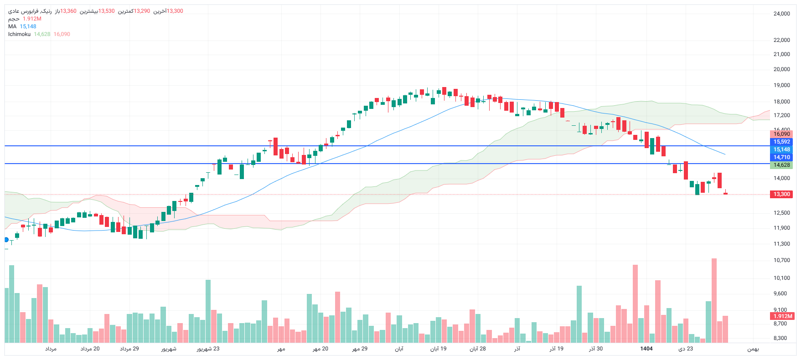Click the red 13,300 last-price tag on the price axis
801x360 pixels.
click(781, 194)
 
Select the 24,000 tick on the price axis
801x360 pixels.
click(781, 14)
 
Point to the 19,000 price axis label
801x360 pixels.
click(781, 85)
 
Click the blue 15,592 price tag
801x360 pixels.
click(781, 142)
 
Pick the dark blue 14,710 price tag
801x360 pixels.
click(781, 157)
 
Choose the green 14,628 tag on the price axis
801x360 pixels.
click(781, 165)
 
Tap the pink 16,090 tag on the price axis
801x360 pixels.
click(781, 134)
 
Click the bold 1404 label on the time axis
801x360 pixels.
click(646, 349)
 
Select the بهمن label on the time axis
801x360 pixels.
click(753, 349)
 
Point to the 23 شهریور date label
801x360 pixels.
click(208, 349)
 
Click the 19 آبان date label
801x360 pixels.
click(438, 349)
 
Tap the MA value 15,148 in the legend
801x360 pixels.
click(28, 26)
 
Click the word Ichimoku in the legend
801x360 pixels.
click(19, 34)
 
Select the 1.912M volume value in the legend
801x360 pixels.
click(32, 19)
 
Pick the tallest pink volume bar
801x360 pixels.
click(714, 301)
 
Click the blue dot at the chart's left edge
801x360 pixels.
click(6, 240)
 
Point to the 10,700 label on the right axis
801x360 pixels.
click(781, 260)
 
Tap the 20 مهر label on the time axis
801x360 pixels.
click(320, 349)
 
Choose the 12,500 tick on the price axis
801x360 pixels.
click(781, 213)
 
